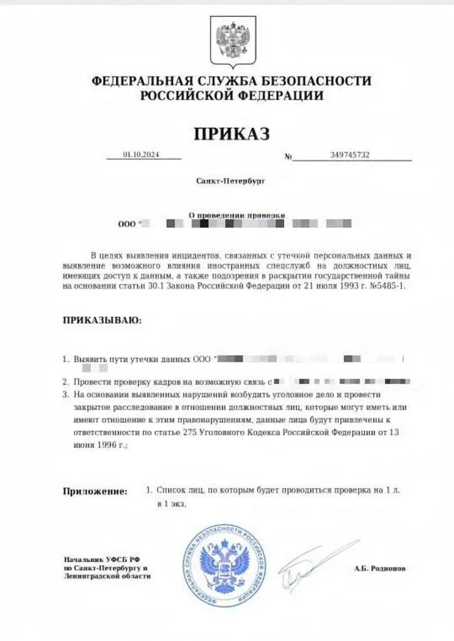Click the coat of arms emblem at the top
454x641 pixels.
tap(232, 40)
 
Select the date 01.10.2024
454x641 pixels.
tap(141, 155)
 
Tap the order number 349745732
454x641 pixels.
tap(350, 155)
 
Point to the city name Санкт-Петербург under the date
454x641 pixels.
tap(231, 181)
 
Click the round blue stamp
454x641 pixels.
tap(224, 565)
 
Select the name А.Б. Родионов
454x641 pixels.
tap(380, 568)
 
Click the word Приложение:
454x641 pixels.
tap(95, 491)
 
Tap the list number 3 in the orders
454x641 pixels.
tap(65, 394)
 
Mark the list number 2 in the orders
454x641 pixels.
tap(65, 382)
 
